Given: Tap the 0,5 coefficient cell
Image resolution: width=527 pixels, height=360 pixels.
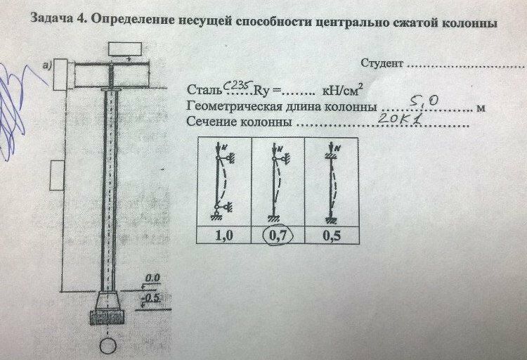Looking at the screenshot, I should click(331, 236).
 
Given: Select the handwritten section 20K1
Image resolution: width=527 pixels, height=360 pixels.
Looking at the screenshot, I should click(397, 120).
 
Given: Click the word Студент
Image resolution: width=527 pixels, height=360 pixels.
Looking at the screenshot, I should click(382, 64).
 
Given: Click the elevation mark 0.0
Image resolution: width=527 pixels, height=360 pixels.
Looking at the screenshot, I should click(154, 278).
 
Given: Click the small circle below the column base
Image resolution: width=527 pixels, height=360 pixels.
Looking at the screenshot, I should click(108, 347).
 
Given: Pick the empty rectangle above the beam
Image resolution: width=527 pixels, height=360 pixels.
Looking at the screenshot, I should click(125, 50).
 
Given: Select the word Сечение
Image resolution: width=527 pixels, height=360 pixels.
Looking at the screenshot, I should click(212, 124).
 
